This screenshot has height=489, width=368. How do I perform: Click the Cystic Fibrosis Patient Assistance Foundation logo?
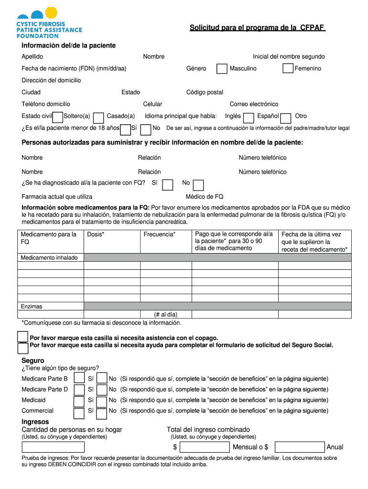click(x=49, y=23)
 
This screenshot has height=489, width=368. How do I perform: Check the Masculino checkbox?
click(x=222, y=69)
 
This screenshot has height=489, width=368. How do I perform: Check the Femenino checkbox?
click(x=288, y=69)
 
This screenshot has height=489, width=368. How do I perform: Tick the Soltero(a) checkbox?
click(x=58, y=117)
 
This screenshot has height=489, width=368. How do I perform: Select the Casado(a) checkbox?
click(x=99, y=117)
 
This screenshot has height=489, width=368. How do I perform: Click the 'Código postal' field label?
click(x=205, y=92)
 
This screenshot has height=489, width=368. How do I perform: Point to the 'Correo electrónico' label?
click(x=254, y=104)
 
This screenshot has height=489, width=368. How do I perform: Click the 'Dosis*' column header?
click(x=96, y=234)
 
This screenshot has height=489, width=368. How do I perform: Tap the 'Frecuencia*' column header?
click(x=159, y=234)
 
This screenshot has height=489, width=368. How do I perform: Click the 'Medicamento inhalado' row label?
click(x=49, y=258)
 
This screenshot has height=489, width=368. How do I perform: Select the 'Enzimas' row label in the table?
click(x=31, y=306)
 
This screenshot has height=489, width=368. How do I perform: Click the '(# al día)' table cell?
click(x=165, y=314)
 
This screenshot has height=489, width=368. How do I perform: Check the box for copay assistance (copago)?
click(x=22, y=337)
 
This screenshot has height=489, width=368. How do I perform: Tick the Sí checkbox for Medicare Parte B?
click(x=79, y=379)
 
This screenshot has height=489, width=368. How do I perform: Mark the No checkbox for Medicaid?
click(x=102, y=401)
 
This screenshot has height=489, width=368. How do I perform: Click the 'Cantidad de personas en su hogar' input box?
click(x=53, y=447)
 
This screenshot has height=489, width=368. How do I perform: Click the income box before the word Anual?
click(x=300, y=447)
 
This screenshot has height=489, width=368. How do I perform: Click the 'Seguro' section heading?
click(x=32, y=361)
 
